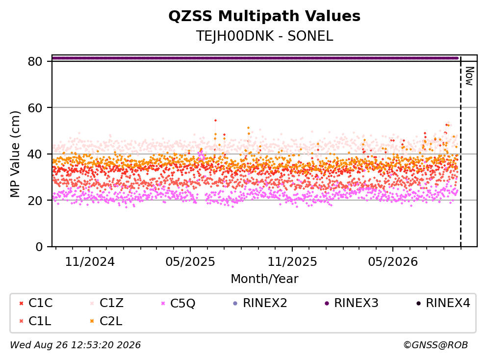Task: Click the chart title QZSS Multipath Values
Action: [264, 16]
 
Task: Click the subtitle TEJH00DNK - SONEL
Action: [264, 36]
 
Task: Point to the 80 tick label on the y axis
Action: [35, 61]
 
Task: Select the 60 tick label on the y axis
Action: [35, 108]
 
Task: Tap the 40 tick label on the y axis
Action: [35, 154]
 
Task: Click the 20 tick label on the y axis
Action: [35, 200]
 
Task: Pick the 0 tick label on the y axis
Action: [39, 247]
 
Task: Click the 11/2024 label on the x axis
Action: [90, 262]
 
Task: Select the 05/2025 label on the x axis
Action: [190, 262]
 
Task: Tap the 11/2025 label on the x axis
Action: [292, 262]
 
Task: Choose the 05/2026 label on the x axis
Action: [393, 262]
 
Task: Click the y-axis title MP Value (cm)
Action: [15, 154]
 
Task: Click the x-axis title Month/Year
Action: [264, 279]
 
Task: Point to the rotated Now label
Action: [469, 76]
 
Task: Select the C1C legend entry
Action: [36, 303]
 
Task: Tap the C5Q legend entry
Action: [178, 303]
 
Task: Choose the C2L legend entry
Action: [106, 321]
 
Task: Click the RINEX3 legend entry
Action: [351, 303]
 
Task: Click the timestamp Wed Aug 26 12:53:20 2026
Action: [76, 345]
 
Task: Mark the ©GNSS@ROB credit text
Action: [436, 345]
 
